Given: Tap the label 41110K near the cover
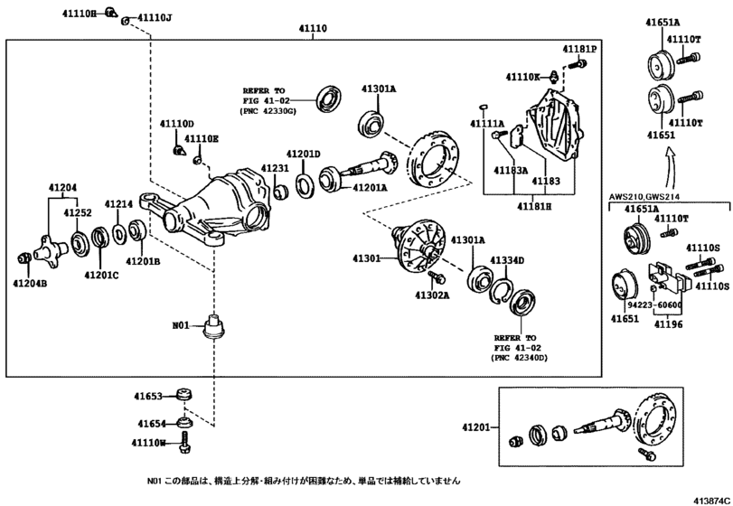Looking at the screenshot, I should point(523,78).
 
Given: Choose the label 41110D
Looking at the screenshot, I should point(177,123).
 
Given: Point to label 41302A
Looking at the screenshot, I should point(432,295).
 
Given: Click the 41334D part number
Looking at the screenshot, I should point(507,260).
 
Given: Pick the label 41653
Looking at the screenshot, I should point(151,397).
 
